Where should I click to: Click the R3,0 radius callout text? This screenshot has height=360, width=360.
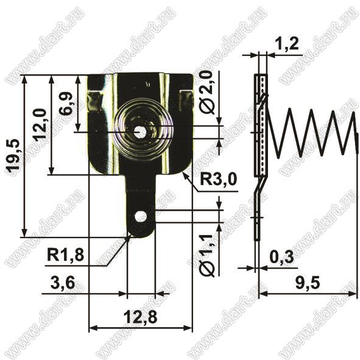click(x=218, y=180)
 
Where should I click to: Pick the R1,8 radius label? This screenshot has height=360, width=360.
click(x=65, y=255)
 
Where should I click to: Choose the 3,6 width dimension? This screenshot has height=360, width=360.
click(x=63, y=283)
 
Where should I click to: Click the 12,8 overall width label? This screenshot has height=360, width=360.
click(x=140, y=317)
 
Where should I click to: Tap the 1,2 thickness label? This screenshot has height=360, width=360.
click(x=287, y=44)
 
